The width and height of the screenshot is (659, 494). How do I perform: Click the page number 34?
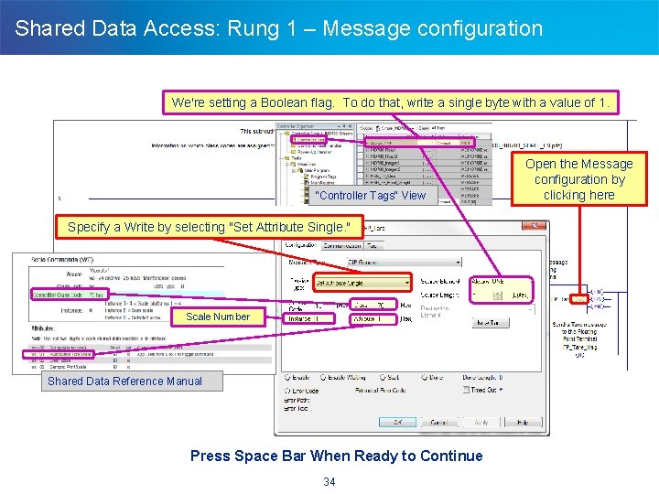[x=329, y=481]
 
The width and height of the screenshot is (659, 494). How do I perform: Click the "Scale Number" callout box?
[x=218, y=317]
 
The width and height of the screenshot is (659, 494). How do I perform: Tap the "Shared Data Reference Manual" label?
[x=124, y=381]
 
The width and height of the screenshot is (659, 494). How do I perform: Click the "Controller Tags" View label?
[x=370, y=195]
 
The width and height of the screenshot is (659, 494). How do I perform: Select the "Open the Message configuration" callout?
[x=578, y=179]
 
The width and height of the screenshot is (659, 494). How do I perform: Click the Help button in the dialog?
[x=522, y=423]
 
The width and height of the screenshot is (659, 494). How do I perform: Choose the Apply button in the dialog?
[x=481, y=423]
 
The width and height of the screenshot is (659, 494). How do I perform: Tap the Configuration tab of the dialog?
[x=301, y=245]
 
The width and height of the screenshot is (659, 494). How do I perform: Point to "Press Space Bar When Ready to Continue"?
[x=336, y=456]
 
